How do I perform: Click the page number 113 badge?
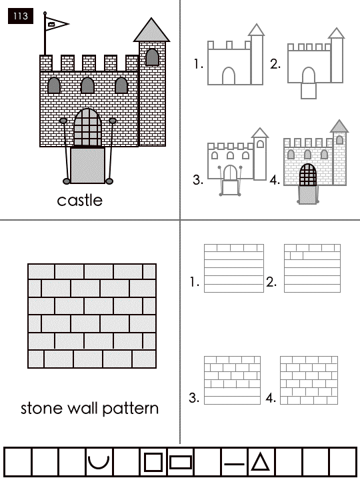pos(21,16)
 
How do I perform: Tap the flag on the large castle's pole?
pos(57,24)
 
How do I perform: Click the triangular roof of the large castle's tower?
pos(151,30)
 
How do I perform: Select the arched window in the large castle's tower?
pos(152,57)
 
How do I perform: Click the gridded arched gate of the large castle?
pos(87,127)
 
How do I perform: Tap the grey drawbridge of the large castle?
pos(88,165)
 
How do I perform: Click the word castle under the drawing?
pos(80,201)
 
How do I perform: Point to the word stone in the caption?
pos(42,409)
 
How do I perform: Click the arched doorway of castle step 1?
pos(229,75)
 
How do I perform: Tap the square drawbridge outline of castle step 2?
pos(309,91)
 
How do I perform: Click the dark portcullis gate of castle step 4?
pos(308,175)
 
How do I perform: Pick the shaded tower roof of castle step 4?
pos(339,127)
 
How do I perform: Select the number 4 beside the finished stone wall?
pos(271,398)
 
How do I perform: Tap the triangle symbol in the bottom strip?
pos(260,462)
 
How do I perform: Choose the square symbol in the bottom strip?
pos(153,462)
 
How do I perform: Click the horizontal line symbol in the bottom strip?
pos(235,464)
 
